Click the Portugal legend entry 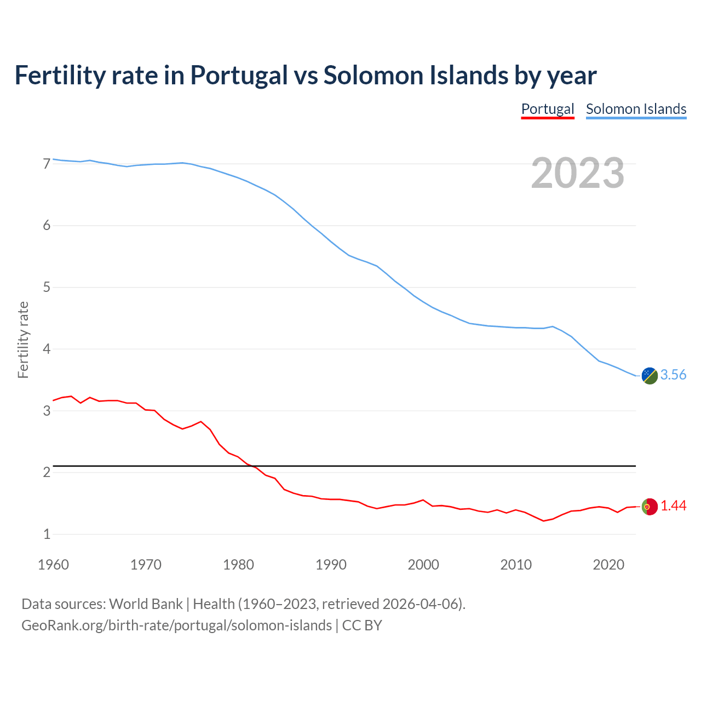tap(547, 109)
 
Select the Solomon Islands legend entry tap(636, 109)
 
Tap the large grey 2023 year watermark tap(577, 173)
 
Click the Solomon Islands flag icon tap(650, 376)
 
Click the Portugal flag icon tap(650, 507)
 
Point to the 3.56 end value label tap(673, 375)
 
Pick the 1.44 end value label tap(673, 506)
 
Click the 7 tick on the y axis tap(47, 164)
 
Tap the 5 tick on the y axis tap(47, 287)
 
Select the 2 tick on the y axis tap(47, 472)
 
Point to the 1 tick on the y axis tap(47, 534)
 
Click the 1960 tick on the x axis tap(53, 565)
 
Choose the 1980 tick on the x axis tap(238, 565)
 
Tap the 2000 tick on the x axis tap(423, 565)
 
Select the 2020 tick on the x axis tap(608, 565)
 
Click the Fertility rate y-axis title tap(23, 340)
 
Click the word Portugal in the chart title tap(239, 75)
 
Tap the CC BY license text tap(362, 625)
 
